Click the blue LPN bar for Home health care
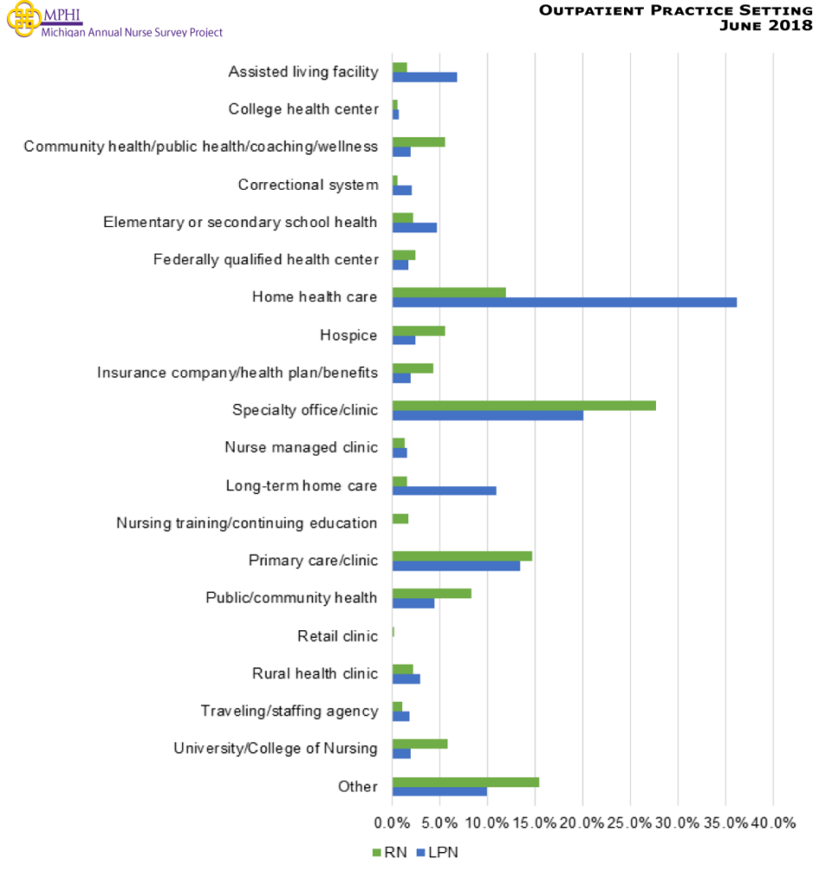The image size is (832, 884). tap(564, 302)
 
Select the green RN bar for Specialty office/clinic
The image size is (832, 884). tap(524, 405)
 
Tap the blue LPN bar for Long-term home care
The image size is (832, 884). tap(444, 490)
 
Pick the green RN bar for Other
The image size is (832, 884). tap(465, 782)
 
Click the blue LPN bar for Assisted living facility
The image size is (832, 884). tap(425, 77)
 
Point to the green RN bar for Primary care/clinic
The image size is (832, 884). tap(462, 556)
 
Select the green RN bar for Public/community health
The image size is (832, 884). tap(432, 593)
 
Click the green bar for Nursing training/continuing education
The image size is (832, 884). tap(400, 519)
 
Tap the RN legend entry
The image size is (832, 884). tap(389, 853)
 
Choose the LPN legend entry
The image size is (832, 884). tap(438, 853)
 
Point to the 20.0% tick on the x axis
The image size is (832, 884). tap(583, 823)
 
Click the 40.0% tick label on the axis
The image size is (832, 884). tap(772, 823)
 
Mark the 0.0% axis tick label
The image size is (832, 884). tap(393, 823)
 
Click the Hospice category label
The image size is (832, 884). tap(349, 335)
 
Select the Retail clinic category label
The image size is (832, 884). tap(337, 636)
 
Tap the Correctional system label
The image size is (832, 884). tap(308, 185)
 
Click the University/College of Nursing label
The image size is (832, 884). tap(275, 748)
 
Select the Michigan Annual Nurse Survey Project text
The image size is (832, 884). tap(132, 33)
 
